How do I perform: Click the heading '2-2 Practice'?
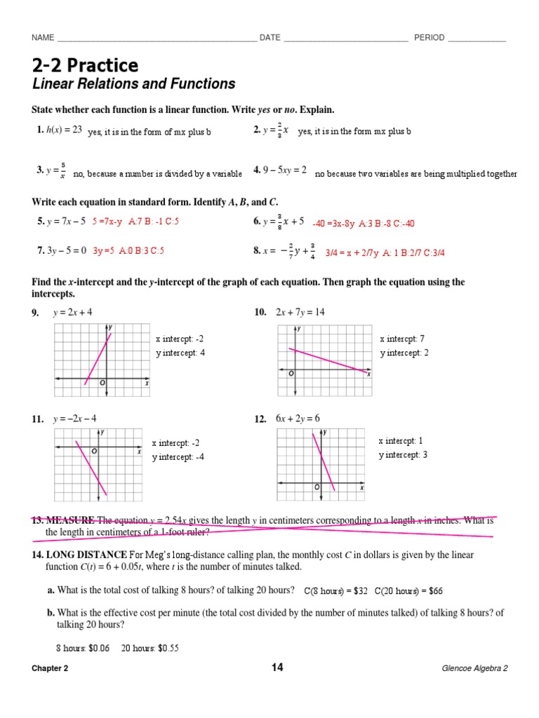[x=85, y=65]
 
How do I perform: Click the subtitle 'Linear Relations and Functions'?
[x=133, y=84]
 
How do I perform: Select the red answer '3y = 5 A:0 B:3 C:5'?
[x=128, y=250]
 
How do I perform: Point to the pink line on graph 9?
[x=98, y=358]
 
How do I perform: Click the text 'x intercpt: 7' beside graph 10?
[x=402, y=339]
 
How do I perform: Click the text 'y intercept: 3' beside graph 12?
[x=404, y=455]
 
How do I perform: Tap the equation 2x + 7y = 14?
[x=300, y=312]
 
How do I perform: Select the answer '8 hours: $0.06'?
[x=83, y=648]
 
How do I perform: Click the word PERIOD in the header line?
[x=429, y=38]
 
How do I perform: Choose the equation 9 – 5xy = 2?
[x=285, y=170]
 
